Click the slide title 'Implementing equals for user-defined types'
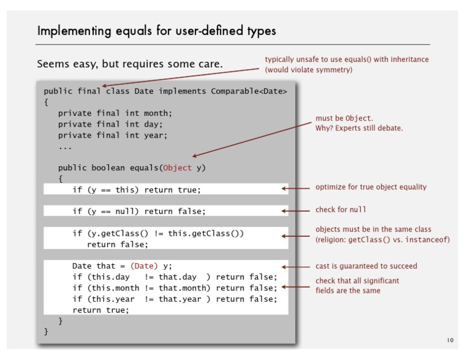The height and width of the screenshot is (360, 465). click(157, 31)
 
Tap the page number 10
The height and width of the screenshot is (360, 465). click(450, 340)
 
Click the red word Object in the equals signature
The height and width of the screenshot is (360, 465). click(177, 168)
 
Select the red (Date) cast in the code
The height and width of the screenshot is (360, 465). click(144, 266)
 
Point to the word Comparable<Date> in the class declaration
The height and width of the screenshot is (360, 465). click(249, 91)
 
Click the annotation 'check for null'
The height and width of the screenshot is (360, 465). click(340, 210)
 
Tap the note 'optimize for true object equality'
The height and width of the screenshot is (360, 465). click(371, 187)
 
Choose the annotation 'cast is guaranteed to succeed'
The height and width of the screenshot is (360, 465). click(366, 266)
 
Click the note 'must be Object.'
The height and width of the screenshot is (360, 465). click(345, 118)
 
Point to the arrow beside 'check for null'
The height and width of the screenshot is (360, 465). click(295, 211)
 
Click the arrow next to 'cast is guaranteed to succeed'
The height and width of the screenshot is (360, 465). click(295, 267)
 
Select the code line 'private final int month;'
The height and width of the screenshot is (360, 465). click(115, 113)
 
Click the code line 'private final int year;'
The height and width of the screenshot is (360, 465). click(113, 135)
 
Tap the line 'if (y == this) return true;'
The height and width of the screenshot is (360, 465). click(136, 190)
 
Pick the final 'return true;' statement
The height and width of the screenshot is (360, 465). click(101, 310)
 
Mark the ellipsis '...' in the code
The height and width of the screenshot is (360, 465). click(65, 147)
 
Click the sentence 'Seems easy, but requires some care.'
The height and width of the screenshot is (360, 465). click(130, 64)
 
